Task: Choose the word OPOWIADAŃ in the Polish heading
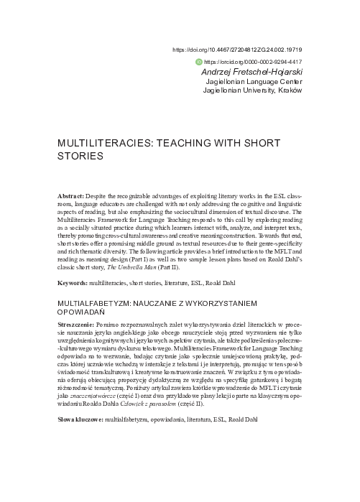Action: pyautogui.click(x=81, y=314)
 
